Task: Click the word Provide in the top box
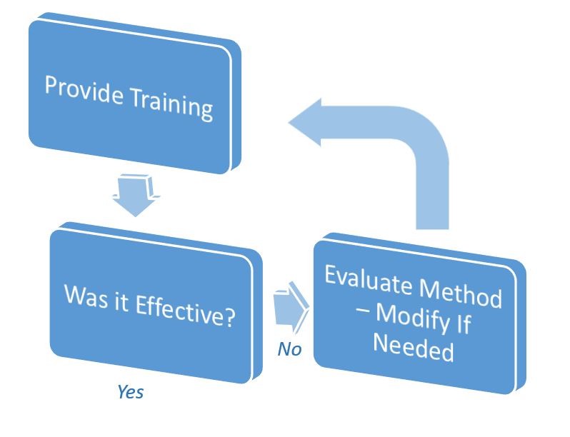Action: click(x=84, y=91)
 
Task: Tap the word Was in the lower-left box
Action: click(x=86, y=297)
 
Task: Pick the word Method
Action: click(x=461, y=294)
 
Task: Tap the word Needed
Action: click(x=414, y=346)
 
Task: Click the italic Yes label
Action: click(x=131, y=392)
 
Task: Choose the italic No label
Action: click(x=289, y=349)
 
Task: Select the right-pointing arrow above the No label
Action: click(x=291, y=307)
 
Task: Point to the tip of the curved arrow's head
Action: click(x=289, y=122)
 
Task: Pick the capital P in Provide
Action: click(x=52, y=85)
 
